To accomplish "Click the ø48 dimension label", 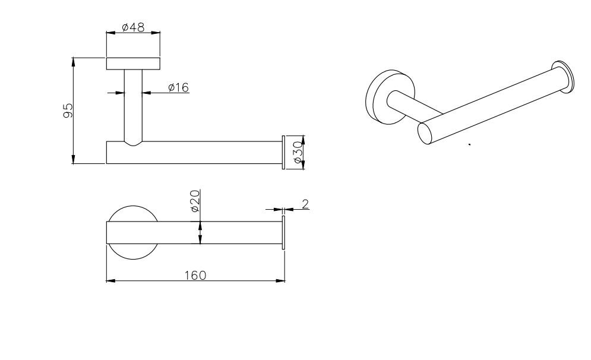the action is point(134,27).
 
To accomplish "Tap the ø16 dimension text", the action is point(178,87).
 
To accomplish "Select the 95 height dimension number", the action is point(68,110).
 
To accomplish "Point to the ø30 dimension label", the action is point(298,152).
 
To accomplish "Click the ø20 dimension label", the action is point(195,201).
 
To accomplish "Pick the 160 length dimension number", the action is point(195,276).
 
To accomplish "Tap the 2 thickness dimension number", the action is point(305,204).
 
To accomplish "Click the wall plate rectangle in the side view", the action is point(134,64).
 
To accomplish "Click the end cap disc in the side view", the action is point(284,152).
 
